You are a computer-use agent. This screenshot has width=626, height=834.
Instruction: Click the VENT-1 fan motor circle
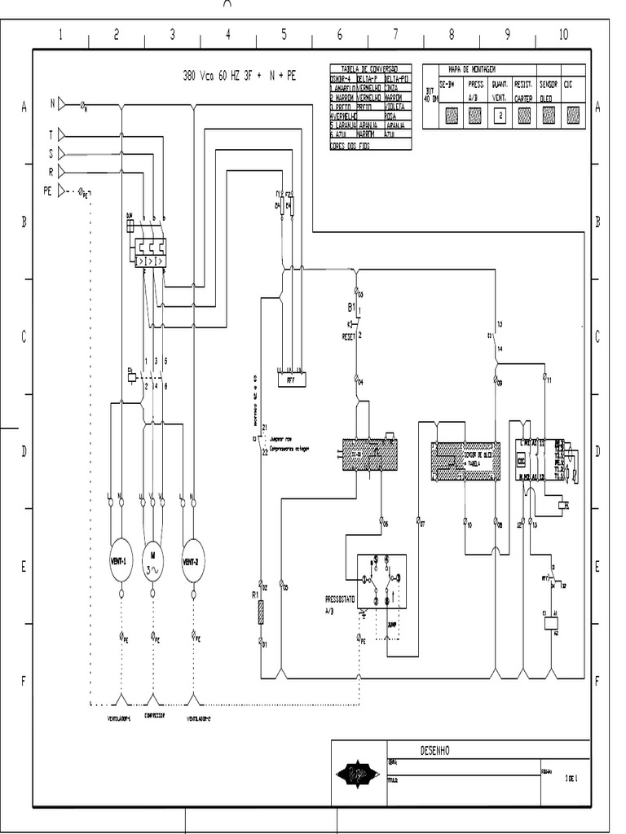click(121, 561)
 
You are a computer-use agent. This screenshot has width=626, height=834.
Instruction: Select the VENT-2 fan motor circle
click(193, 561)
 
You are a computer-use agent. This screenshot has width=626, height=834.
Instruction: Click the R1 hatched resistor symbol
click(261, 612)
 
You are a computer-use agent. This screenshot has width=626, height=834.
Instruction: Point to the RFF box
click(290, 379)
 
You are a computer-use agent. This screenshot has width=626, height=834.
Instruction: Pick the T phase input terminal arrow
click(64, 136)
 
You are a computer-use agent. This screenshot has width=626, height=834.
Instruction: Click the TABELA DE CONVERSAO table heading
click(369, 68)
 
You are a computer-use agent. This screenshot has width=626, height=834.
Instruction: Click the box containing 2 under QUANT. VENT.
click(500, 116)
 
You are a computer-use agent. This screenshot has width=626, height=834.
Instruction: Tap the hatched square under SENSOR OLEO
click(548, 116)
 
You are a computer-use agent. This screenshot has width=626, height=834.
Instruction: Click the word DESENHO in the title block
click(434, 749)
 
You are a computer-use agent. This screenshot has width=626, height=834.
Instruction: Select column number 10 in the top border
click(563, 34)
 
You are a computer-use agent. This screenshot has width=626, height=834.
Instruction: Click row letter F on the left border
click(23, 681)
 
